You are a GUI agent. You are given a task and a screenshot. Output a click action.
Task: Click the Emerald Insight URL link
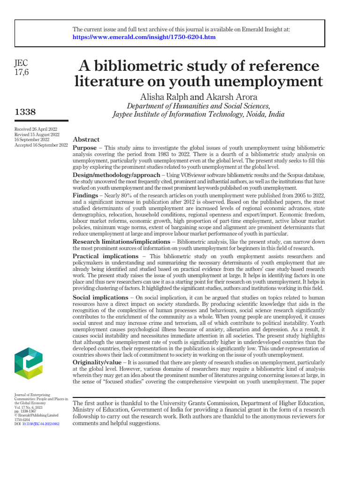pyautogui.click(x=144, y=37)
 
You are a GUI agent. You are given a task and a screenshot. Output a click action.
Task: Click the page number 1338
pyautogui.click(x=26, y=112)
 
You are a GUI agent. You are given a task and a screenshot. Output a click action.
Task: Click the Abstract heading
pyautogui.click(x=86, y=139)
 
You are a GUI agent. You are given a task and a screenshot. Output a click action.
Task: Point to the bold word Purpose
pyautogui.click(x=85, y=147)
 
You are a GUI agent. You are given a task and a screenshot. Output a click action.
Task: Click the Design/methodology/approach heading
pyautogui.click(x=116, y=175)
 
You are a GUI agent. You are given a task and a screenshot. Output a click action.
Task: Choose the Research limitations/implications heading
pyautogui.click(x=121, y=241)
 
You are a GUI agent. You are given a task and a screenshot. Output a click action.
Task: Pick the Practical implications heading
pyautogui.click(x=105, y=256)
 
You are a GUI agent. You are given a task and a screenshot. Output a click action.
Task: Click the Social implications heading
pyautogui.click(x=100, y=298)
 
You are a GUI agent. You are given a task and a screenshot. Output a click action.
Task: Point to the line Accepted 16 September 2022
pyautogui.click(x=41, y=145)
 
